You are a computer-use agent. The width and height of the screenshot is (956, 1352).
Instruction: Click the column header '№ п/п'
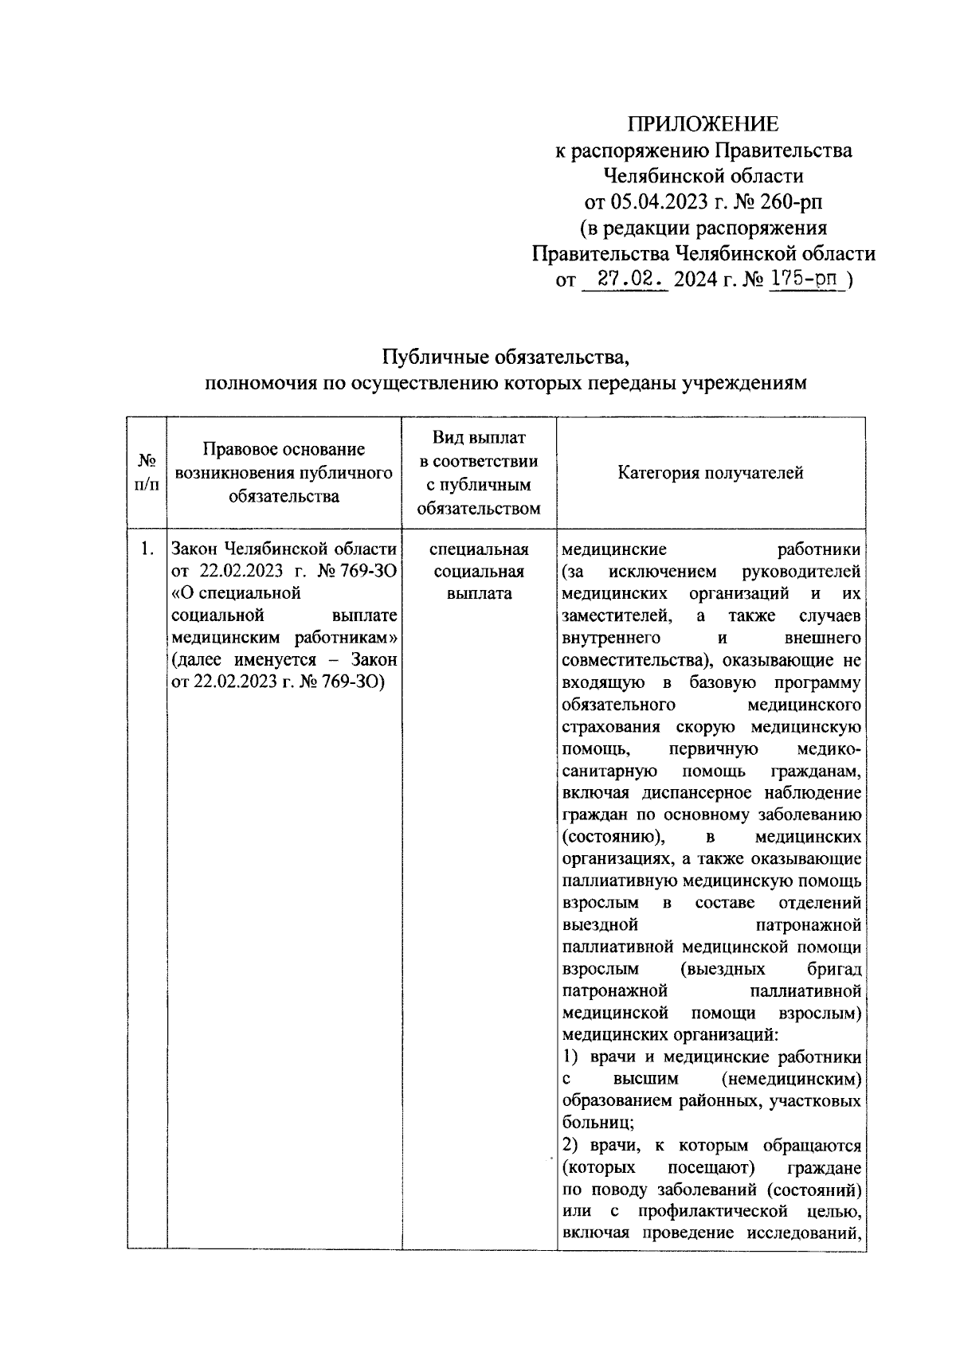pos(147,472)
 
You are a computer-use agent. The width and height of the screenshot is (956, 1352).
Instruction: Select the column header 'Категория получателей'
pos(711,473)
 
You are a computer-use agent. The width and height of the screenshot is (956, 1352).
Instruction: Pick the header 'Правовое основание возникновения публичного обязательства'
pos(284,472)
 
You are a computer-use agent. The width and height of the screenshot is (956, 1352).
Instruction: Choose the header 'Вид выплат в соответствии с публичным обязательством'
pos(479,472)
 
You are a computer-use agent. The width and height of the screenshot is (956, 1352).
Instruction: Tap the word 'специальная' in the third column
pos(479,549)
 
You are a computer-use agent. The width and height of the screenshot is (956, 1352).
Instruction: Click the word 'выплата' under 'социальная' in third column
pos(479,594)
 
